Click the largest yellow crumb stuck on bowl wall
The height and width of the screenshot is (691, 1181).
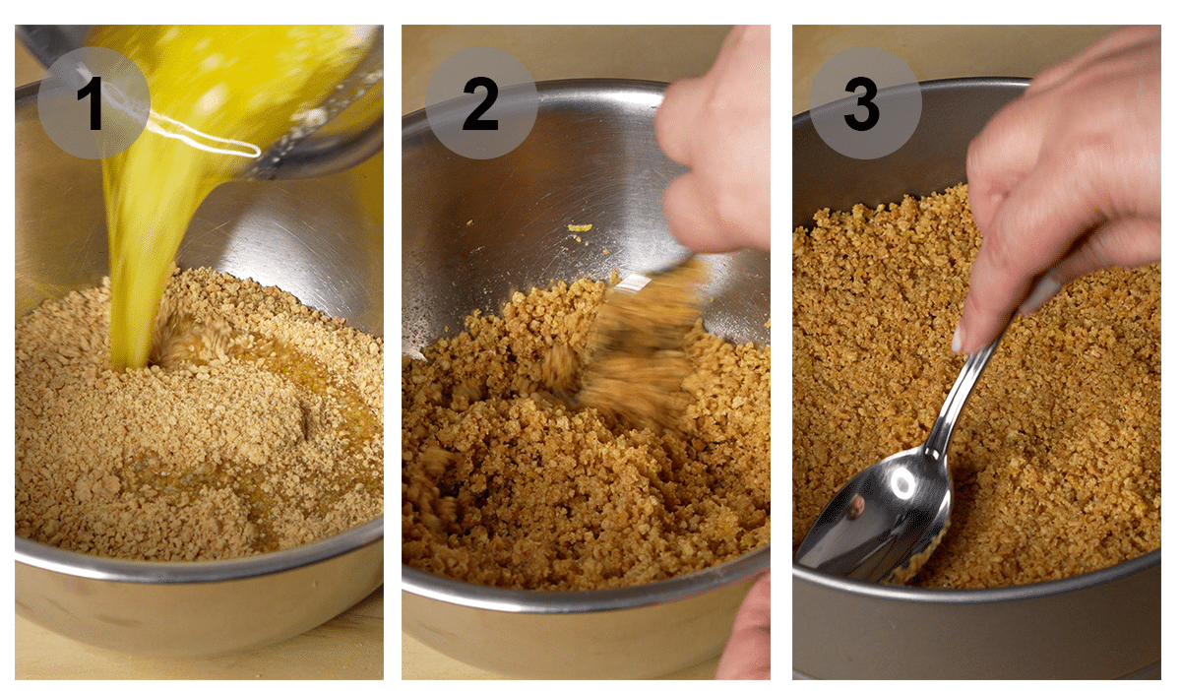click(x=580, y=228)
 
